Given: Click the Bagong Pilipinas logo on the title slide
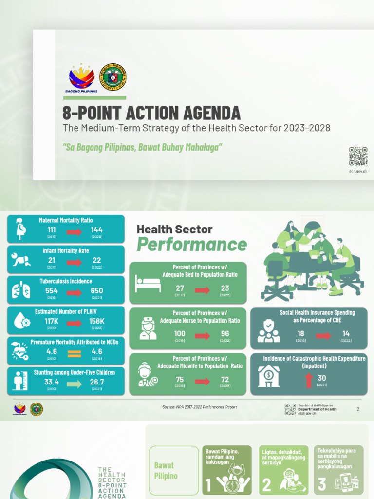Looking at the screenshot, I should point(81,78).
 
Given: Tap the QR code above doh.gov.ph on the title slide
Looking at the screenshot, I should point(358,156).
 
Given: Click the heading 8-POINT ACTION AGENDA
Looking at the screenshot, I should point(151,113).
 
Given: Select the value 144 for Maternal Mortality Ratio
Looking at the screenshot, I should point(97,230).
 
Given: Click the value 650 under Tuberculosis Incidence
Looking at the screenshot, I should point(97,291).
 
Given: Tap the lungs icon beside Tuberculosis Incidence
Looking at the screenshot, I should point(20,290).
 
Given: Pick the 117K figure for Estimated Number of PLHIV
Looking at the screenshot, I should point(52,321).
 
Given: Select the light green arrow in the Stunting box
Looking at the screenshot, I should point(75,384).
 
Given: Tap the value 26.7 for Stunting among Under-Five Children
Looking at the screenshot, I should point(97,382).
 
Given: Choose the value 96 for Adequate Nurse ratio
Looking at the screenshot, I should point(224,334).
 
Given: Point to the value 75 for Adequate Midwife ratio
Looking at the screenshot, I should point(180,379).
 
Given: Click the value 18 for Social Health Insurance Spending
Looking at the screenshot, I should point(300,334).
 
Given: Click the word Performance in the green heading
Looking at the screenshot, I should point(192,244).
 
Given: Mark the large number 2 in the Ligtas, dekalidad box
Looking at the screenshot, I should point(267,484).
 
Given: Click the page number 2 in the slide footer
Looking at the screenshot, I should point(358,409).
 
